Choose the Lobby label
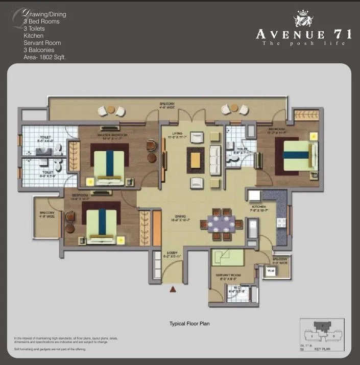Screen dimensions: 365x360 point(172,254)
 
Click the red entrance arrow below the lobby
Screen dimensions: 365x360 point(173,289)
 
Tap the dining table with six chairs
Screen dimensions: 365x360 point(221,223)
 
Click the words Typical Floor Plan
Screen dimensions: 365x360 point(189,324)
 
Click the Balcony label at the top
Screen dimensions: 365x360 point(167,103)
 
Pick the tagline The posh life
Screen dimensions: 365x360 point(303,43)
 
